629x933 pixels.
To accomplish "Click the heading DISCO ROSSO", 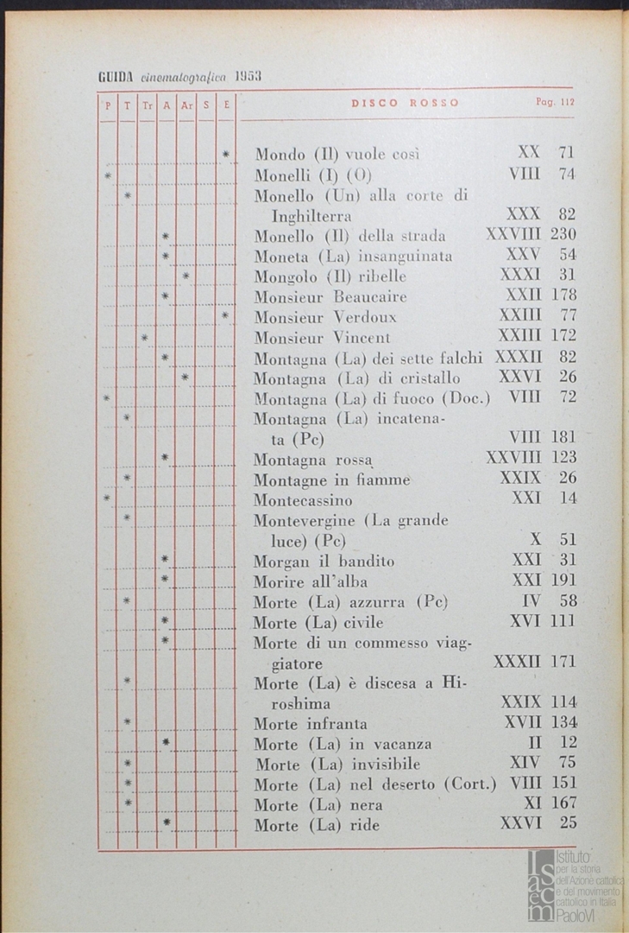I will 405,104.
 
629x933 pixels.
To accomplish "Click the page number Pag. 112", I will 555,103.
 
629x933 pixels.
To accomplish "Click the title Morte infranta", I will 311,724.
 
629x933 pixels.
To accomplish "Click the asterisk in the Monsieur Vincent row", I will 146,336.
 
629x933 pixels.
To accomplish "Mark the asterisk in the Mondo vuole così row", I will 226,155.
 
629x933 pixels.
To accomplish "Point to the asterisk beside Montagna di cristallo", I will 186,378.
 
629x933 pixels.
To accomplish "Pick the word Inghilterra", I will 315,216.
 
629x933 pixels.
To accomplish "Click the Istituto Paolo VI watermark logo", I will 573,883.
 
